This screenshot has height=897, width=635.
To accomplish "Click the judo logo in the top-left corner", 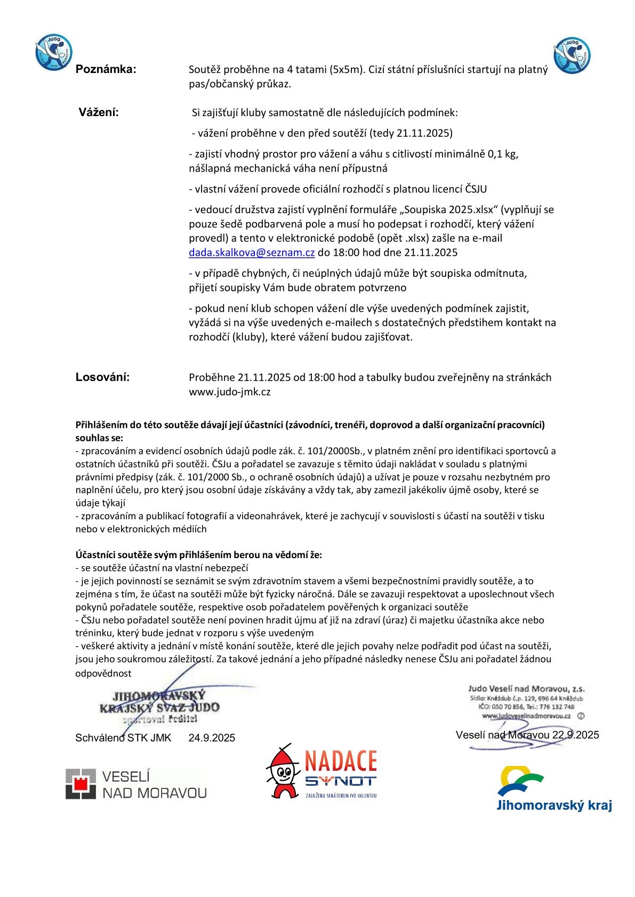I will point(53,52).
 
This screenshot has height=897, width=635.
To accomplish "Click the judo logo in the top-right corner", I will point(572,54).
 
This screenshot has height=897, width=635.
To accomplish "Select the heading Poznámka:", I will point(106,69).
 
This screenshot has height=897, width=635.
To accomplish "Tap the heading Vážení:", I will point(99,112).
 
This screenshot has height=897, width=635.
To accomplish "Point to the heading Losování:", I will point(102,378).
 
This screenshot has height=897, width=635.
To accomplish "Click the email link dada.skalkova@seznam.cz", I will point(252,252).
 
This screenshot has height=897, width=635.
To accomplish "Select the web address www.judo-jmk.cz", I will point(229,392).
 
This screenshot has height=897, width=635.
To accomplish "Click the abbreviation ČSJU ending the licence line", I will point(476,189).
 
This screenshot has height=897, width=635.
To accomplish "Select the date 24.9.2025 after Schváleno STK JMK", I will point(212,738).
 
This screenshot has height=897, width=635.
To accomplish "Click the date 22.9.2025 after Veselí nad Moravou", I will point(575,735).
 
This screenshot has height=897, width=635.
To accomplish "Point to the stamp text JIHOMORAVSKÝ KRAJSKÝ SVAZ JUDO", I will point(159,702).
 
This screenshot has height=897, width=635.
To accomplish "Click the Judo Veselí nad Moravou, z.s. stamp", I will point(526,703).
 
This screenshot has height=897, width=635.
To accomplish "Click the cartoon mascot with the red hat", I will point(283,772).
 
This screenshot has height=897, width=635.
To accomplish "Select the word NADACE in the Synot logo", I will point(341,761).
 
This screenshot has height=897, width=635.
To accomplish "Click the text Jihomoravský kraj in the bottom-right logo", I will point(553,805).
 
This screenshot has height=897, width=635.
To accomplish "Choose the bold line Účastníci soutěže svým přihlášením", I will point(198,555).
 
